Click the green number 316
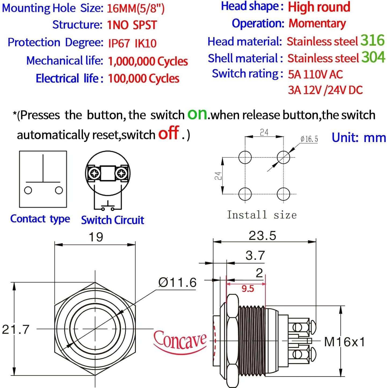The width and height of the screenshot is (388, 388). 372,40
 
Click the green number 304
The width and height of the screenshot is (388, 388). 373,57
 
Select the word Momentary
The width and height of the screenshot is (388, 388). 317,24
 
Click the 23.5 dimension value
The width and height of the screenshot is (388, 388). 262,236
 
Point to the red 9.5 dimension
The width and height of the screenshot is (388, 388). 248,289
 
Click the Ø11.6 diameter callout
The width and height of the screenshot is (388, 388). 177,282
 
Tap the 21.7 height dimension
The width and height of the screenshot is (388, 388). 16,330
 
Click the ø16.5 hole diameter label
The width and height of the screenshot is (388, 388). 309,139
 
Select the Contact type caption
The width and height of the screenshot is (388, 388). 40,219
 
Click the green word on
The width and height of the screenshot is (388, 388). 197,114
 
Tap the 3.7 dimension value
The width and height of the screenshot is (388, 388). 255,256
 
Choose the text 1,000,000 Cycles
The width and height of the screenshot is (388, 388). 148,61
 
